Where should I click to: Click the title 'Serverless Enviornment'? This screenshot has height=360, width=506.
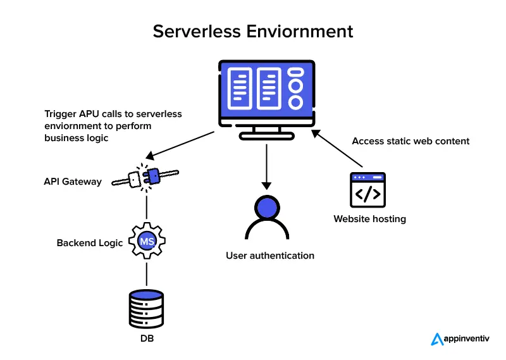coord(253,31)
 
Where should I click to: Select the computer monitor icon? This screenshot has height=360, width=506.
coord(266,95)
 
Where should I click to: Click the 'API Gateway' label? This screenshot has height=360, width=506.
coord(73,182)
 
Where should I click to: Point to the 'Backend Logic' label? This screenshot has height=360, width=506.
coord(90,243)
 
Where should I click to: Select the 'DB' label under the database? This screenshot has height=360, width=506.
coord(147,339)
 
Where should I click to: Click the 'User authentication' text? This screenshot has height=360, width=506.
coord(270,256)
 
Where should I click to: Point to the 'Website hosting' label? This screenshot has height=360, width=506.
coord(370,219)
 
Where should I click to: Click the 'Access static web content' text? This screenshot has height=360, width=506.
coord(410,141)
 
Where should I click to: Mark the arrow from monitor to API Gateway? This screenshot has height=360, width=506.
coord(180,145)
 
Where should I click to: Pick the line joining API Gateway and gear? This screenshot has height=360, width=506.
coord(147,207)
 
